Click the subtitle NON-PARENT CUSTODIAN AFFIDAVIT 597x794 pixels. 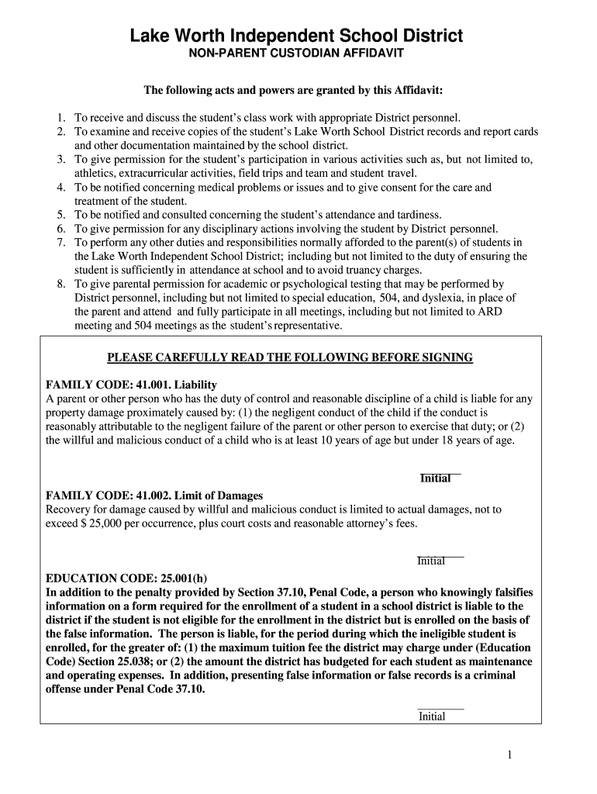point(297,55)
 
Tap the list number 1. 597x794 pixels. point(60,118)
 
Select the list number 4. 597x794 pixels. point(60,188)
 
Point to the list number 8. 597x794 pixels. point(60,284)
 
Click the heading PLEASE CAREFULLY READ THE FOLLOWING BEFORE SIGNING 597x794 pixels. point(289,357)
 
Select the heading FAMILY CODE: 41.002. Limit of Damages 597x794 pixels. point(154,495)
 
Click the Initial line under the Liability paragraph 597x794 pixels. point(440,473)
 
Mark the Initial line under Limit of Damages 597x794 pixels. point(440,556)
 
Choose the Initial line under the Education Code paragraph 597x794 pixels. point(440,709)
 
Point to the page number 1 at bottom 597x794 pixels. point(509,755)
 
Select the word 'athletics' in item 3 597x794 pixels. point(95,173)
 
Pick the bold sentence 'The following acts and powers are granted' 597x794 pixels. point(293,91)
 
